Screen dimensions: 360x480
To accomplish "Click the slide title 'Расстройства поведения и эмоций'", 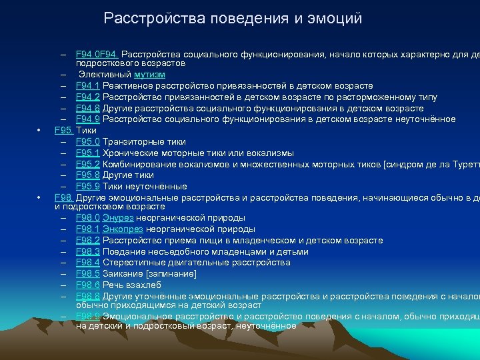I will pos(233,19).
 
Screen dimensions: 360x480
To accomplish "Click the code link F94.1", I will pos(88,86).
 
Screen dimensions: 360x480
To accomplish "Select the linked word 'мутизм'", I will pos(149,75).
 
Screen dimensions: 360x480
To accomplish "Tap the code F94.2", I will pos(88,97).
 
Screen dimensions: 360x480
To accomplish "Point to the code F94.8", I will pos(88,109).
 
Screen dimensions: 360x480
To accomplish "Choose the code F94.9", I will pos(88,119).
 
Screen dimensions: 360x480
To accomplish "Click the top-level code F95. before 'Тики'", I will pos(64,131).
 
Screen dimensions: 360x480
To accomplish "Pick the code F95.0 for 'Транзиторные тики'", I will pos(88,142).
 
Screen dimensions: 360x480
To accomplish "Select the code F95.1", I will pos(88,153).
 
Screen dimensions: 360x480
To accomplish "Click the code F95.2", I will pos(88,164).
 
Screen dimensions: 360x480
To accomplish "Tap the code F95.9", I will pos(88,187).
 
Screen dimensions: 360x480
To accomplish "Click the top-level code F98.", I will pos(64,198).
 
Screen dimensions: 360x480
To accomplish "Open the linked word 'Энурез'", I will pos(123,217).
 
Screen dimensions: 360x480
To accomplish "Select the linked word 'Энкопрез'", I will pos(127,229).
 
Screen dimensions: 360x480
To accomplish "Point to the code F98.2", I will pos(88,240).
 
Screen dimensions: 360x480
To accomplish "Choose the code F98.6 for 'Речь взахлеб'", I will pos(88,285).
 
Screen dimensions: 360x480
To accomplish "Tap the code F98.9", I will pos(88,316).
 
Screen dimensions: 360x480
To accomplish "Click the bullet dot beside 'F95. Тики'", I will pos(40,131).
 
